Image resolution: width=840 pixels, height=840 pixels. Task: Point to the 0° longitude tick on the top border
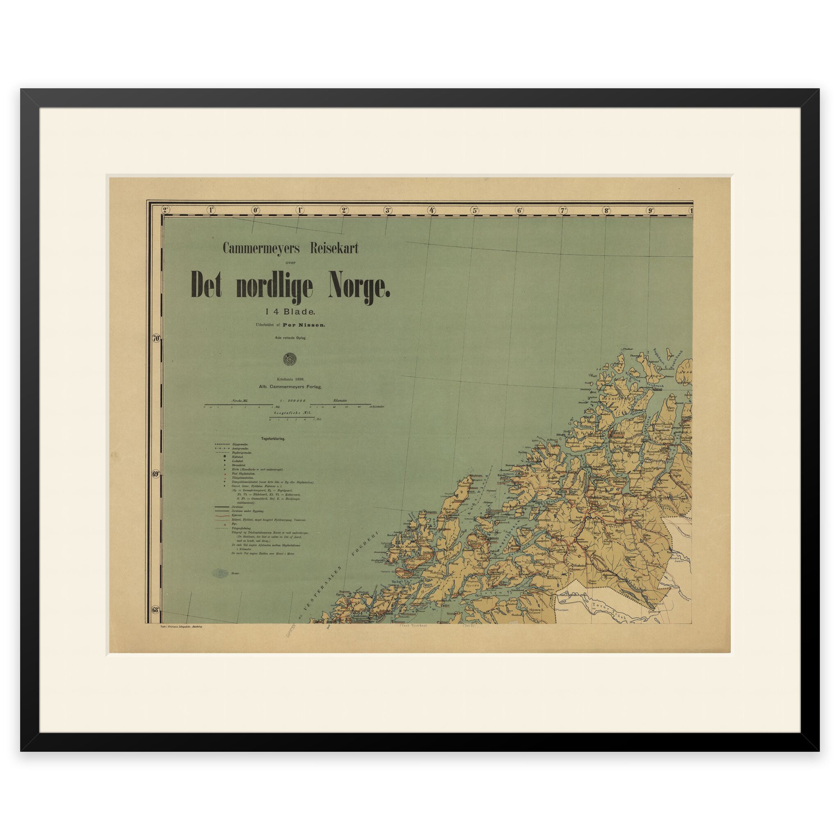click(x=255, y=210)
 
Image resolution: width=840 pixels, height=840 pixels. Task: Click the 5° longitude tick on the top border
click(x=475, y=210)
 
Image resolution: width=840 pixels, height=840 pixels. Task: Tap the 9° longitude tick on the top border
click(x=651, y=210)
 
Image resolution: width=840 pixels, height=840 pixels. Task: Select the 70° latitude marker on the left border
click(x=157, y=338)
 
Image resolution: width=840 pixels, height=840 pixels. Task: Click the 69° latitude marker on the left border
click(x=157, y=475)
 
